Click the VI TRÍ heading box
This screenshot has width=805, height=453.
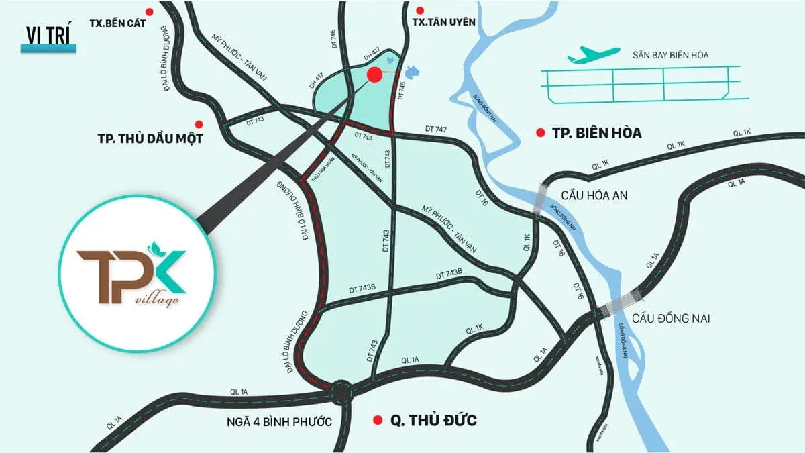coord(49,35)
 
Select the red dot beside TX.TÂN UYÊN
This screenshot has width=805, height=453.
coord(420,11)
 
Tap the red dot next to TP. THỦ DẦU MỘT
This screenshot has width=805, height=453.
coord(198,124)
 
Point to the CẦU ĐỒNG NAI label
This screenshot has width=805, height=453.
coord(671,318)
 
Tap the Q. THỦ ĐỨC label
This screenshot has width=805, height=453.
coord(433,421)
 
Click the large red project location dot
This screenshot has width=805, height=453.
coord(374,75)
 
